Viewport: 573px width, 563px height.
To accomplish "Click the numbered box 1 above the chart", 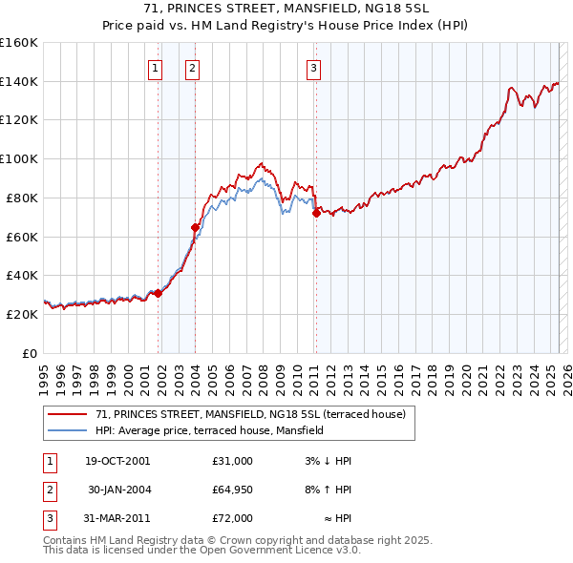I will coord(155,67).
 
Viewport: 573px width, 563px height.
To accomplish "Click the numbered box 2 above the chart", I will coord(192,67).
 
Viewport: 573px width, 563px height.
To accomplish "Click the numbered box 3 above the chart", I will coord(313,67).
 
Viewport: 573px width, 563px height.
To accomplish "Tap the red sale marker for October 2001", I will coord(159,293).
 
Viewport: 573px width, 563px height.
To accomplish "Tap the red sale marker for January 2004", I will coord(196,227).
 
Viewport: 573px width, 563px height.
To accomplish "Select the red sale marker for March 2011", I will coord(316,214).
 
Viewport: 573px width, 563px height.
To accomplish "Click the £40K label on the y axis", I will coord(22,275).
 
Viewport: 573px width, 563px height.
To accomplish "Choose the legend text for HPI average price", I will coord(209,430).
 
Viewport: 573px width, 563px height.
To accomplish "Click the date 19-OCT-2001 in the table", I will coord(117,461).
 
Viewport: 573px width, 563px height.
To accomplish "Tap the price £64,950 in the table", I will coord(233,490).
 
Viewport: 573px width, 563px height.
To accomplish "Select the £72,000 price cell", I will coord(233,518).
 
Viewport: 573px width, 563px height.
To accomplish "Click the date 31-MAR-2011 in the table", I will coord(117,518).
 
